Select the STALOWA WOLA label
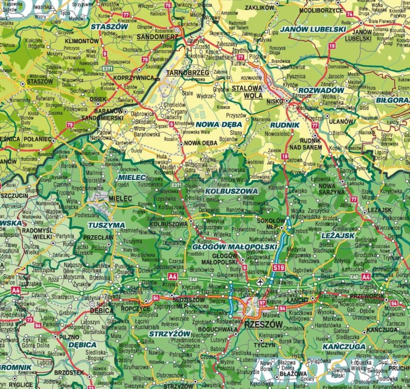click(248, 90)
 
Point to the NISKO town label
click(274, 101)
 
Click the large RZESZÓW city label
click(265, 324)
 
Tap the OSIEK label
click(98, 99)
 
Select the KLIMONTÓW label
click(82, 40)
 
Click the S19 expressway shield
click(279, 268)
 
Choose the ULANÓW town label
click(342, 121)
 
